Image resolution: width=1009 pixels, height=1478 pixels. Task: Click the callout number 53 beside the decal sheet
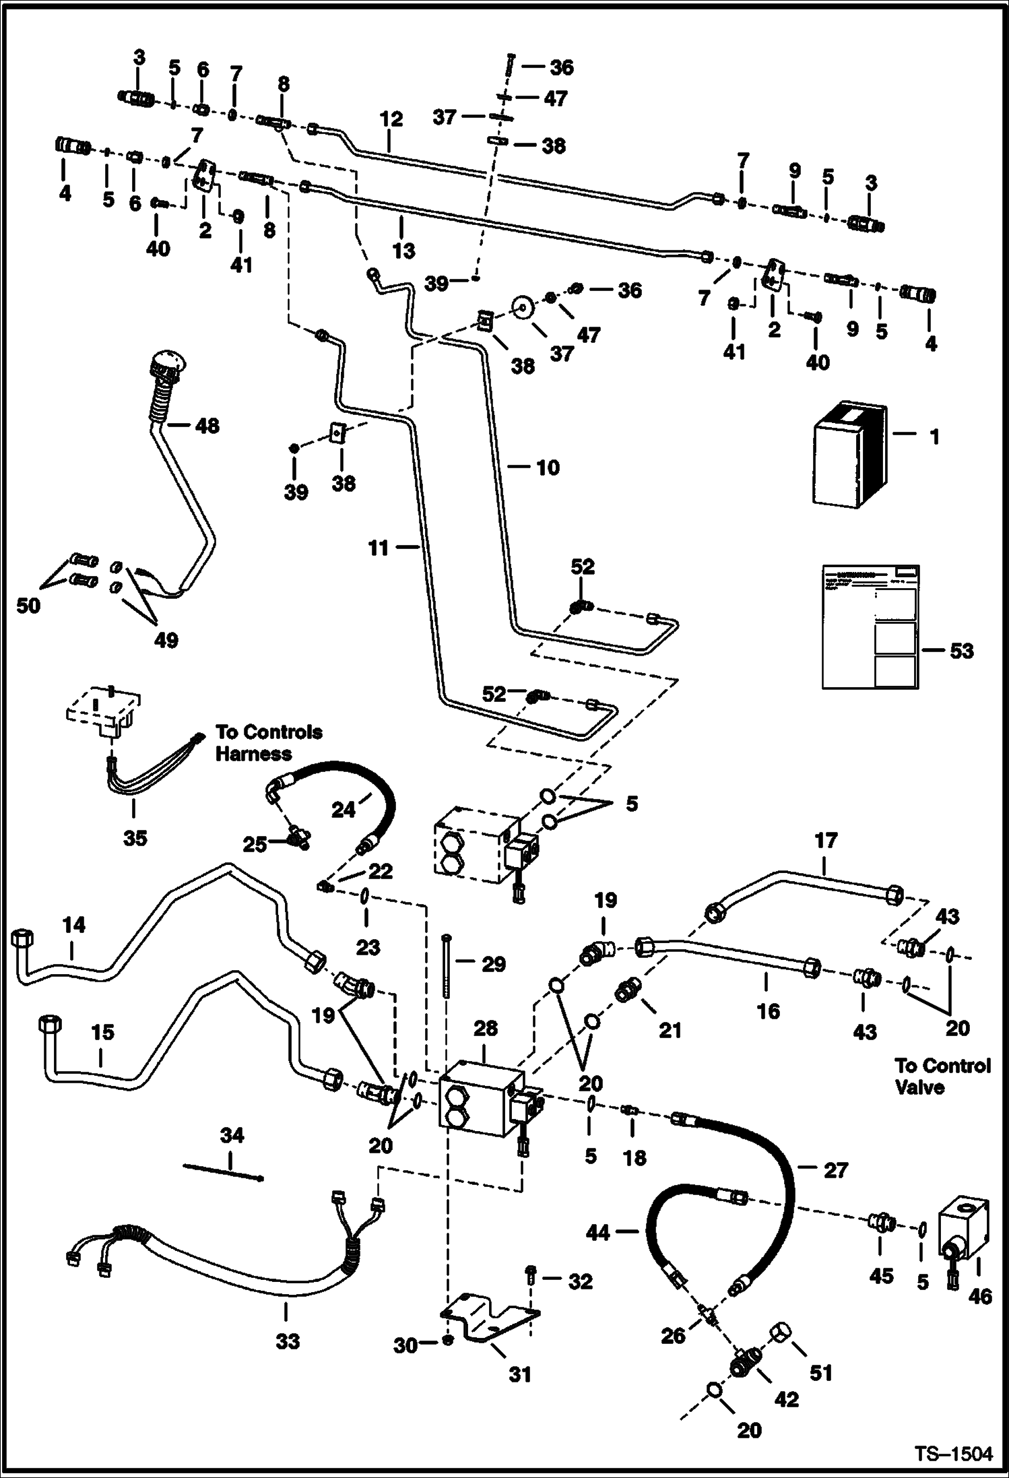[961, 651]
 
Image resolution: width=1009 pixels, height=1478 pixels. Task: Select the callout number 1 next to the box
[934, 437]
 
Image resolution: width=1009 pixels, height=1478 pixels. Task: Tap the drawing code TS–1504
[953, 1454]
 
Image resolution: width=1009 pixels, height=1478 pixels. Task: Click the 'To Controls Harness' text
[268, 742]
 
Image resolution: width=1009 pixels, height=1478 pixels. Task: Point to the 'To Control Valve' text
[942, 1076]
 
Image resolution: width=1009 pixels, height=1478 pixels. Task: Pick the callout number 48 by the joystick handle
[207, 426]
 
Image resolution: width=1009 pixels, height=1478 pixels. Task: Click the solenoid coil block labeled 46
[965, 1231]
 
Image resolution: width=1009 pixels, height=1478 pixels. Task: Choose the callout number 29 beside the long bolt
[493, 964]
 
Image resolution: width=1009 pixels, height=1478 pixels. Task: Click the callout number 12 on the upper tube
[391, 119]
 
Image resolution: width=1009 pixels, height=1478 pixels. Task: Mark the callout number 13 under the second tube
[403, 251]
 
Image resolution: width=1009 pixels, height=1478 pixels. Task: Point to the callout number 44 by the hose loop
[597, 1233]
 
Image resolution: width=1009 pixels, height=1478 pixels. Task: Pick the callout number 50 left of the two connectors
[28, 606]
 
